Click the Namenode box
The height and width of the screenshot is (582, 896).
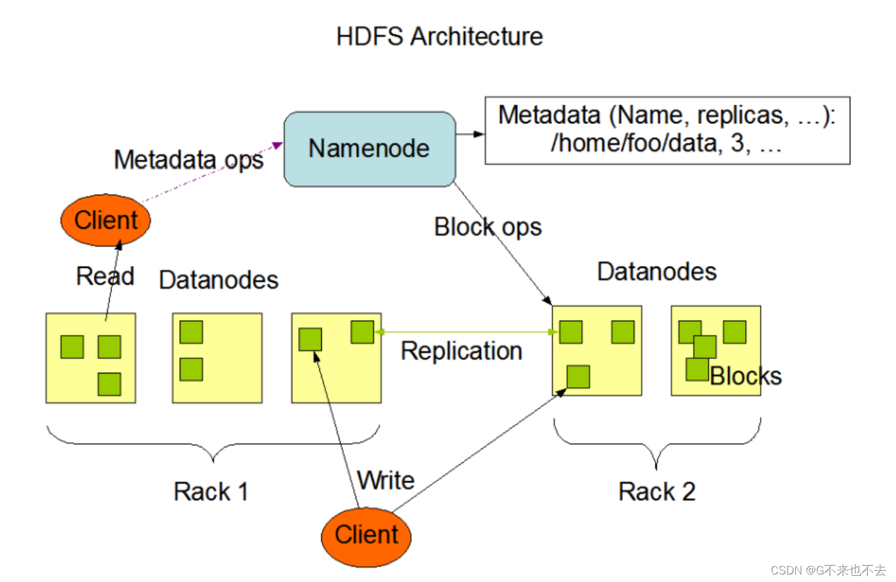coord(369,149)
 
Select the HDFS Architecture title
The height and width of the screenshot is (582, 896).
coord(439,36)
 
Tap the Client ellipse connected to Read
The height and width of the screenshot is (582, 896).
coord(105,221)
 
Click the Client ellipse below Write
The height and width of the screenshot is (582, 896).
coord(366,536)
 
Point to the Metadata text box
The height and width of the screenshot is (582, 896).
coord(667,130)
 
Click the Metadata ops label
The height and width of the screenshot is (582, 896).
coord(188,160)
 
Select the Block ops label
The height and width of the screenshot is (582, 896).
coord(487,227)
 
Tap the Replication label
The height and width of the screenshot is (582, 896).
coord(461,351)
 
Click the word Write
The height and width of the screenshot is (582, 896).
coord(386,481)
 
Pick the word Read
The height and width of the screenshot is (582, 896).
coord(105,276)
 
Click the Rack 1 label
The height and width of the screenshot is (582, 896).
coord(210,492)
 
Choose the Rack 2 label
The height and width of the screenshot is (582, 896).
coord(656,492)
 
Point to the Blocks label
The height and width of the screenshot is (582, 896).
coord(745,376)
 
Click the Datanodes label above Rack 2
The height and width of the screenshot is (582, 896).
coord(656,272)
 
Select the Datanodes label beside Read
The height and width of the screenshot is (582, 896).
coord(218,280)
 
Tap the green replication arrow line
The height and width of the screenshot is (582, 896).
coord(463,332)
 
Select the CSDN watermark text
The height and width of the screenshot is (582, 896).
coord(828,570)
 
